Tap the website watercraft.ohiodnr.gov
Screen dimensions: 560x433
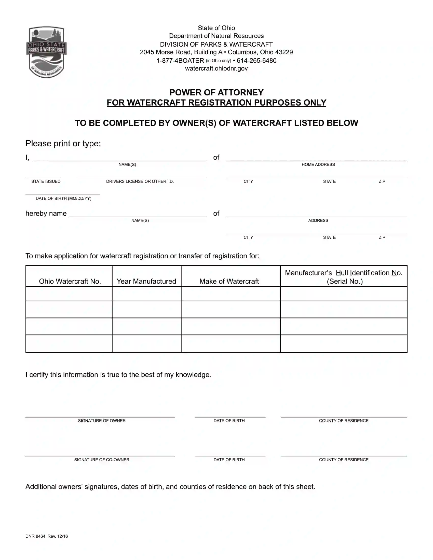(216, 68)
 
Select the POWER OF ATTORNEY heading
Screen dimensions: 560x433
(216, 92)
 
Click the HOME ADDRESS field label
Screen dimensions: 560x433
(318, 165)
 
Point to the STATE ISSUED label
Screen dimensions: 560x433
(46, 181)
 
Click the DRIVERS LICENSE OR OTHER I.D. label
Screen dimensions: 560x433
(140, 181)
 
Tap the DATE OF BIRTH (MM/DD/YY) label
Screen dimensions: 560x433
(63, 199)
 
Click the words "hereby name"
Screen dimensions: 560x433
(46, 214)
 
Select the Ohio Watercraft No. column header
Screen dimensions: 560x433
(70, 281)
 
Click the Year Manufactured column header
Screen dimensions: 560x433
(146, 281)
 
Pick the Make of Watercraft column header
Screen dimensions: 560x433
(229, 281)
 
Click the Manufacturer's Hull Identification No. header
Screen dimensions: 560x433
(344, 277)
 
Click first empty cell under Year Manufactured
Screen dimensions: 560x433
(147, 294)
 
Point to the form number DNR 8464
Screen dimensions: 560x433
(35, 536)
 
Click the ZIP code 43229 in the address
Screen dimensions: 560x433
(284, 52)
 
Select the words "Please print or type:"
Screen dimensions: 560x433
(63, 144)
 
